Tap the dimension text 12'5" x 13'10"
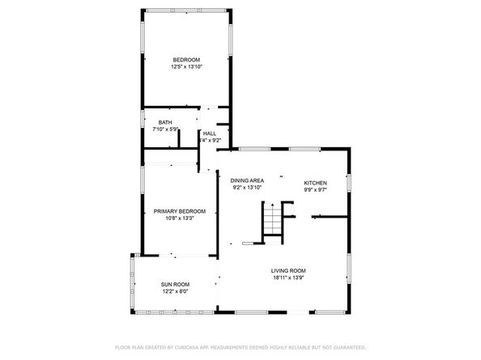186,67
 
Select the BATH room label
164,122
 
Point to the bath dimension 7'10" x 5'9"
164,129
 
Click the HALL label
209,133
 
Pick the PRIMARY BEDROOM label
180,211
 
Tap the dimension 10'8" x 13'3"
180,218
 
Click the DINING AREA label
247,180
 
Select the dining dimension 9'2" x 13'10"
247,188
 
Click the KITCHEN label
316,183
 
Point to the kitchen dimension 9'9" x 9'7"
316,190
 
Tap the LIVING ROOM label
289,271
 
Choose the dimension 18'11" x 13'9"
289,278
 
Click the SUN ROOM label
175,285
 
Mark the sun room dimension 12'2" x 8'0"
175,291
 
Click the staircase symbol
273,219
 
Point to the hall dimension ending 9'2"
211,141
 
